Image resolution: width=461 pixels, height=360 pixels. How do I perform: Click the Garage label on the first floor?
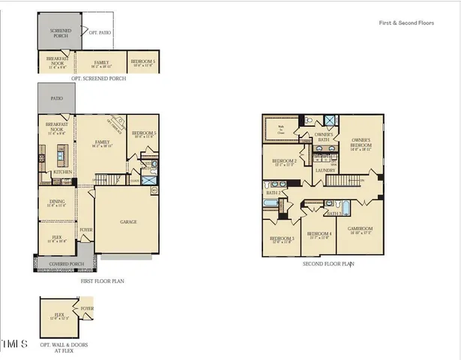pyautogui.click(x=128, y=222)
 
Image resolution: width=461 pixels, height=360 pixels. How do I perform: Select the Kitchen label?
pyautogui.click(x=61, y=172)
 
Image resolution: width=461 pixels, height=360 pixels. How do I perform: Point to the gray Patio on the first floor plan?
pyautogui.click(x=57, y=97)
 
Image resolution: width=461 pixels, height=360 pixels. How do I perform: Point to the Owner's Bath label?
pyautogui.click(x=324, y=137)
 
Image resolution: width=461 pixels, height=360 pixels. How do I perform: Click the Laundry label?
pyautogui.click(x=325, y=170)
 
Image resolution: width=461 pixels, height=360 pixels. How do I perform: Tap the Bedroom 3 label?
pyautogui.click(x=281, y=238)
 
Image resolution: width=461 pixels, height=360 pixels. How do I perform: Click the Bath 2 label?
pyautogui.click(x=273, y=193)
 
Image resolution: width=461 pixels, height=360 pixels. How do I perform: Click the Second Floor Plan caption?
pyautogui.click(x=328, y=264)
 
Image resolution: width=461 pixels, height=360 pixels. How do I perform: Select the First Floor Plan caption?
pyautogui.click(x=102, y=281)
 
